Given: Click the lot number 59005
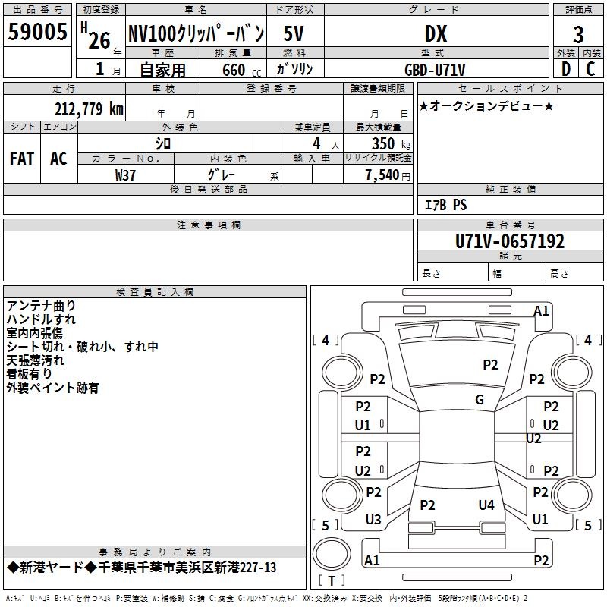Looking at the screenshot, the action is coord(37,32).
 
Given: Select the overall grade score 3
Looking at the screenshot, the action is coord(578,35).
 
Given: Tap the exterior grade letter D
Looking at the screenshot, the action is coord(566,69).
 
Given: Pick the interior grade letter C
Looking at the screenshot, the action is coord(590,69).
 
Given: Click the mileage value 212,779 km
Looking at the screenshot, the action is coord(89,109).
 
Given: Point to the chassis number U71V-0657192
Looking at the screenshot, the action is coord(510,241).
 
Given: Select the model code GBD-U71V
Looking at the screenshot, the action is coord(435,70).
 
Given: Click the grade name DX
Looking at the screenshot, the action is coord(436,33).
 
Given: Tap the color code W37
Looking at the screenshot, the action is coord(125,175).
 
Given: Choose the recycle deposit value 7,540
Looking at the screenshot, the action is coord(382,175).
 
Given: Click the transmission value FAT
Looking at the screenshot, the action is coord(22,159).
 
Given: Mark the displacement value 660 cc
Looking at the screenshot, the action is coord(241,70).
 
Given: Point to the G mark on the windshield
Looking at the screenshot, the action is coord(480,399).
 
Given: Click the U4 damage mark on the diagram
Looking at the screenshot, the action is coord(486,505).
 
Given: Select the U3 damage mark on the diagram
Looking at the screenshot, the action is coord(373,519).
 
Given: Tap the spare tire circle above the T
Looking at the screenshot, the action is coord(332,554).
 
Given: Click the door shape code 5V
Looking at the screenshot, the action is coord(294,33).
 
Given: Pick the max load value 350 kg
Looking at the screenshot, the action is coord(391,144).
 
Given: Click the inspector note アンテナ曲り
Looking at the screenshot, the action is coord(41,306).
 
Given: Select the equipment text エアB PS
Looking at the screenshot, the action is coord(445,205).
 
